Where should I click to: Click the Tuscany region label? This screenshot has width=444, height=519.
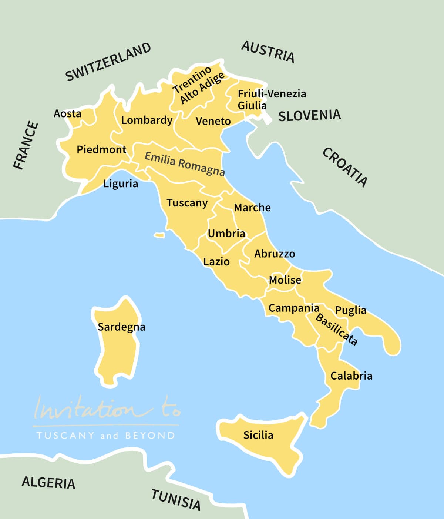point(187,203)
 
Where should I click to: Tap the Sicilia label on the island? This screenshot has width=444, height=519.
point(258,435)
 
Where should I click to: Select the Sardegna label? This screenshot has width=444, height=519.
point(121,327)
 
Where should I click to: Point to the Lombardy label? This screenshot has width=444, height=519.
point(147,120)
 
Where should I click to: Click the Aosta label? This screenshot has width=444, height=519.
point(67,113)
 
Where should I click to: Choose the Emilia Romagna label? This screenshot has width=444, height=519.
point(184,163)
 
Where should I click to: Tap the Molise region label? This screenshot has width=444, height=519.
point(285,280)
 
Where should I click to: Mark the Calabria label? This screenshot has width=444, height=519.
point(351,376)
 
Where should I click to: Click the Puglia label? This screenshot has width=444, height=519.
point(350,310)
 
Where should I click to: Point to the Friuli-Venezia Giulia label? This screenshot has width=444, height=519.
point(272,99)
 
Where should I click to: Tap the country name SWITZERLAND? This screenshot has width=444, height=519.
point(108,62)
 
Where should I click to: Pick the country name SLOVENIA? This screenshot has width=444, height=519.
point(309,116)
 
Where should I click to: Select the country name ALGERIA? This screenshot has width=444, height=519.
point(48,483)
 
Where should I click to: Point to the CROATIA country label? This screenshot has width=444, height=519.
point(345,167)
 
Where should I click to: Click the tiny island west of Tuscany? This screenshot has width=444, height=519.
point(159,235)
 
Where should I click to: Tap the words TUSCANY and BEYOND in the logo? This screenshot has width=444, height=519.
point(106,435)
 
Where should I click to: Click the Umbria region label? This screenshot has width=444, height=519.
point(226,234)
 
